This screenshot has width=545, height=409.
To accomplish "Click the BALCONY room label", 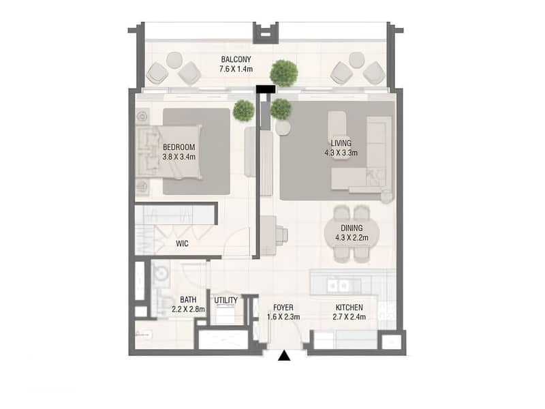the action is [x=236, y=59].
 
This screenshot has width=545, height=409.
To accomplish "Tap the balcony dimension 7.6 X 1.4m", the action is [x=236, y=69].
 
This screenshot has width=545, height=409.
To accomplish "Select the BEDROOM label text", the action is [x=179, y=147].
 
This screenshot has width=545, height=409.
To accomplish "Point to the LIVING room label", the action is [x=341, y=143].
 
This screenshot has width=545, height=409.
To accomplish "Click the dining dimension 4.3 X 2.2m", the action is [x=352, y=238].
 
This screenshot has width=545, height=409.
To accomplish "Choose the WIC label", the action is [x=182, y=243].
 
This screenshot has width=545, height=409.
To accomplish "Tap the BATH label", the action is [x=188, y=299].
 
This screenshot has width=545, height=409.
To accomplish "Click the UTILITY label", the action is [x=226, y=300].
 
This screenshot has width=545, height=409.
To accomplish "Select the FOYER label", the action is [x=283, y=307].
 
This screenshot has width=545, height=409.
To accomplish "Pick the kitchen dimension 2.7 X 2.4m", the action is [x=349, y=317].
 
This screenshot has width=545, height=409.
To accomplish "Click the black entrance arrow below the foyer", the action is [x=284, y=356].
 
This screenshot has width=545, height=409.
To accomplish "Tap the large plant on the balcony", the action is [x=284, y=73].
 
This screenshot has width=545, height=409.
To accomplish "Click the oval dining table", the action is [x=352, y=233].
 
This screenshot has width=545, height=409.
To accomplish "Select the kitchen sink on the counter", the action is [x=339, y=286].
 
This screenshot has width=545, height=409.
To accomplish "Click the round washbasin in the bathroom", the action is [x=161, y=274].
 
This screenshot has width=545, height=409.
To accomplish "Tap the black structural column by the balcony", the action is [x=266, y=89].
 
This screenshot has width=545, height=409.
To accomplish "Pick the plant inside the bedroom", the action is [x=244, y=110].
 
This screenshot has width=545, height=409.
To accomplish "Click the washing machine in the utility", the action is [x=225, y=313].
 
